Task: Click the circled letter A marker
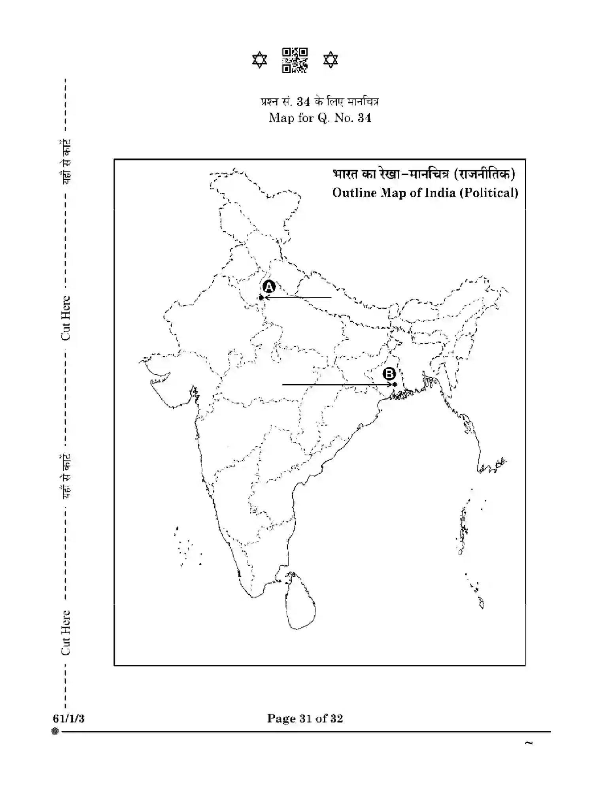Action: pyautogui.click(x=269, y=287)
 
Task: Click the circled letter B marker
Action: pyautogui.click(x=389, y=374)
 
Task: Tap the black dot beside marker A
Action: pyautogui.click(x=261, y=297)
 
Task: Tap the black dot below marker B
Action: pyautogui.click(x=395, y=385)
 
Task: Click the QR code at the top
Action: pyautogui.click(x=295, y=60)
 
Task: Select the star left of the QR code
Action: pyautogui.click(x=260, y=60)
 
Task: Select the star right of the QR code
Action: pyautogui.click(x=331, y=60)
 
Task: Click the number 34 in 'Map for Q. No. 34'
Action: pyautogui.click(x=364, y=118)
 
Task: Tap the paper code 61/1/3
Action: pyautogui.click(x=68, y=718)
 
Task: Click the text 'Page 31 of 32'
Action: pyautogui.click(x=305, y=718)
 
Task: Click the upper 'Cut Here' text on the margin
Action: pyautogui.click(x=65, y=318)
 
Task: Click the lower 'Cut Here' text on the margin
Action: pyautogui.click(x=65, y=632)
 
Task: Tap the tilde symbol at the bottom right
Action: pyautogui.click(x=529, y=743)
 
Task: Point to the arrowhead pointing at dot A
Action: pyautogui.click(x=266, y=297)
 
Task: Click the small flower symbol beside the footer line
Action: pyautogui.click(x=55, y=732)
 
